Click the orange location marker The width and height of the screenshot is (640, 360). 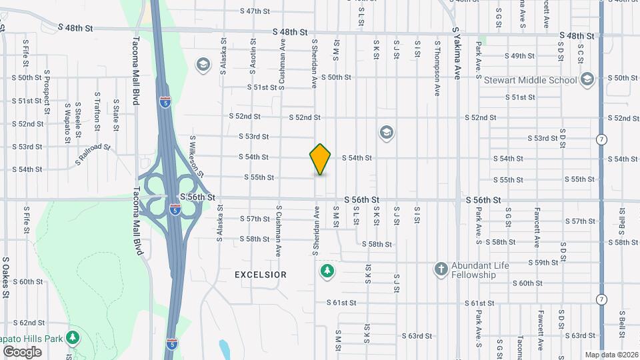(321, 159)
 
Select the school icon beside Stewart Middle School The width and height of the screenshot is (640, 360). (587, 81)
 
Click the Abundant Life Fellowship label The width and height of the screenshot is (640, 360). (480, 270)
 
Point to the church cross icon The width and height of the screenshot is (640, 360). (440, 269)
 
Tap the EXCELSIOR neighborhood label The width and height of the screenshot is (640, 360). (261, 275)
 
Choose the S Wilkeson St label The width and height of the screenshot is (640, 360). (197, 155)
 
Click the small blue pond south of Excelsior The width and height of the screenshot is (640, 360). (224, 348)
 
